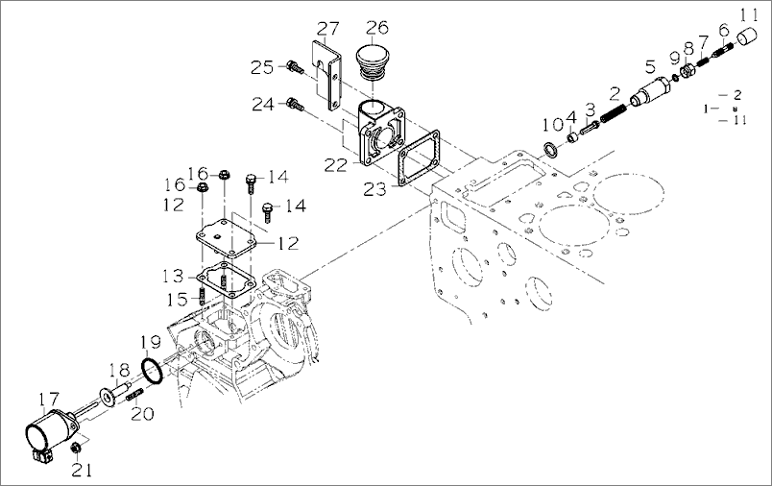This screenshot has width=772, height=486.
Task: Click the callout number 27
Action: [x=327, y=29]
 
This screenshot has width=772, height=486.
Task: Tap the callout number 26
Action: [x=377, y=27]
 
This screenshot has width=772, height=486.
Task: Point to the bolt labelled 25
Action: [x=295, y=66]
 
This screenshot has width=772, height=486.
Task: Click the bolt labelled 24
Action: [x=295, y=105]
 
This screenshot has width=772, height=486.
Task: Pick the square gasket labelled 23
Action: [x=419, y=159]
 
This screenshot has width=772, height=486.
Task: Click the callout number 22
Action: [x=335, y=165]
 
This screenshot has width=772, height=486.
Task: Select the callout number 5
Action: [x=650, y=66]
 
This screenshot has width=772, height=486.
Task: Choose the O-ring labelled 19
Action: [x=152, y=372]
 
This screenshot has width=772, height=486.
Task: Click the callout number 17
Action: [x=49, y=399]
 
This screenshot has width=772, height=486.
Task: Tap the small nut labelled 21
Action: [x=76, y=449]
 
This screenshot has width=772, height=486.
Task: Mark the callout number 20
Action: [x=142, y=413]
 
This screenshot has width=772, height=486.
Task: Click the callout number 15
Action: [x=178, y=299]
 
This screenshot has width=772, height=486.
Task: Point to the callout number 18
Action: [x=119, y=370]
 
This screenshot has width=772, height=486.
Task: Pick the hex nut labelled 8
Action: [x=688, y=72]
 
